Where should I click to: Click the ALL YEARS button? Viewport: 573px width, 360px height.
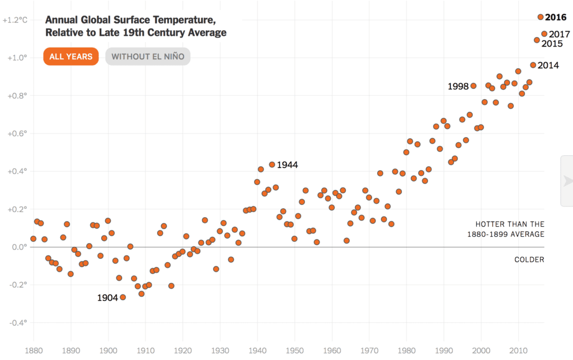[x=71, y=57]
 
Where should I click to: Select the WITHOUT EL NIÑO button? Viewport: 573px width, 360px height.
[x=148, y=57]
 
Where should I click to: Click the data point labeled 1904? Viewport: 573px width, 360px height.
[x=123, y=297]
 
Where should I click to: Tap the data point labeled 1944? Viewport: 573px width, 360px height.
[x=272, y=165]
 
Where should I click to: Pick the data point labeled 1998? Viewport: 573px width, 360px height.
[x=473, y=86]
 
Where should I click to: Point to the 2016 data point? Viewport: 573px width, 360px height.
[x=541, y=17]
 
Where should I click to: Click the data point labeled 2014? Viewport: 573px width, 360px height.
[x=533, y=65]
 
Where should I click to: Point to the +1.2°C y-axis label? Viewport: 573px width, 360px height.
[x=15, y=20]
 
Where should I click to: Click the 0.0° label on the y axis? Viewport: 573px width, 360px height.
[x=18, y=247]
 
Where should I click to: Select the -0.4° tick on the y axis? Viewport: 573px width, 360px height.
[x=18, y=322]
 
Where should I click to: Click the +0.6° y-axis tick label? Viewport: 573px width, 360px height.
[x=17, y=133]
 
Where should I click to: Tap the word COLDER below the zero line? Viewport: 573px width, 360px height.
[x=529, y=260]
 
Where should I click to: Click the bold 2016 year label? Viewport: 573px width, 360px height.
[x=556, y=17]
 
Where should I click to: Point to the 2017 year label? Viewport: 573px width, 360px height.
[x=560, y=34]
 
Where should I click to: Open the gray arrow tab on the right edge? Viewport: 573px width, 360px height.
[x=567, y=180]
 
